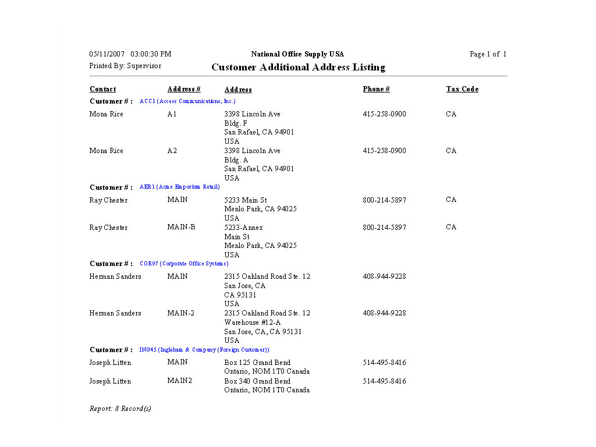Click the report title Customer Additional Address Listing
(x=298, y=68)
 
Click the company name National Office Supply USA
(x=297, y=54)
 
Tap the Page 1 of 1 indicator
(x=488, y=54)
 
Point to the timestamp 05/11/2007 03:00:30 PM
(x=130, y=54)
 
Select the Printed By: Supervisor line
(x=125, y=66)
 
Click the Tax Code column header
(x=462, y=89)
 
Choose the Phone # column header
(x=376, y=89)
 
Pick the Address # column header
(x=184, y=89)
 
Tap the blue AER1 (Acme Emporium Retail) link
(x=180, y=187)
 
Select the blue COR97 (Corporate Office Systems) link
(x=184, y=264)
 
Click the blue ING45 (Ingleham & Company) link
(x=204, y=350)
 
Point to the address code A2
(x=172, y=151)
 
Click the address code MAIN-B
(x=181, y=227)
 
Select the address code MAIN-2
(x=181, y=313)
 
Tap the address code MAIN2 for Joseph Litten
(x=179, y=381)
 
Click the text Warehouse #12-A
(x=253, y=322)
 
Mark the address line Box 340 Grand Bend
(x=257, y=381)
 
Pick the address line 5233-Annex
(x=243, y=228)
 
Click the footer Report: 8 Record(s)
(x=120, y=409)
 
